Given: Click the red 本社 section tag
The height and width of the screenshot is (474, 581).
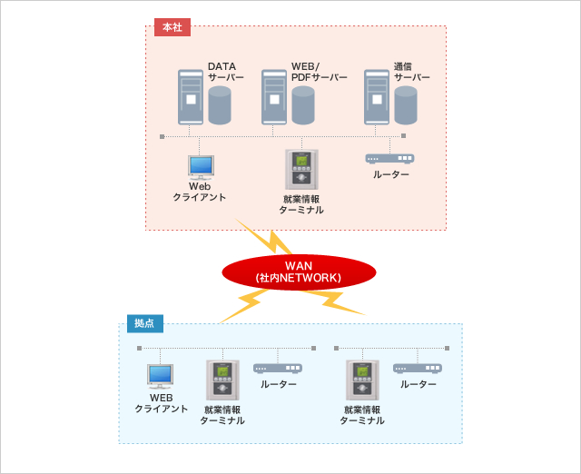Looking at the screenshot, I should point(172,27).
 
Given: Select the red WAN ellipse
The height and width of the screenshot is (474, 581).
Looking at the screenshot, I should point(299,272).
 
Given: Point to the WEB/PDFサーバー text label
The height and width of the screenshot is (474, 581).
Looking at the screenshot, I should point(319,72).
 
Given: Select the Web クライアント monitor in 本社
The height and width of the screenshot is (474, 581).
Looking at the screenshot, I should point(201,167).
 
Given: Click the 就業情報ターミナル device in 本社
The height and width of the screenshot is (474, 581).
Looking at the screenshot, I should point(300,170).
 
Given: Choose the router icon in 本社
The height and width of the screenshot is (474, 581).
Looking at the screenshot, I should point(389,158).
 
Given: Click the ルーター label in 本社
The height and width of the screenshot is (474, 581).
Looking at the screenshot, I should point(391,174).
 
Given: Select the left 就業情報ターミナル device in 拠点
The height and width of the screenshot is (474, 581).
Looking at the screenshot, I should point(222,380).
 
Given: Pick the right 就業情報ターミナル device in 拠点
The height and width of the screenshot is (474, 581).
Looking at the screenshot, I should point(361,380).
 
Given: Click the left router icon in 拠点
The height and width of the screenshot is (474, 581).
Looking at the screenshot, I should point(278,368).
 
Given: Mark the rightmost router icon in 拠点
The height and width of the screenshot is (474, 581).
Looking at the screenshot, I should point(418,368).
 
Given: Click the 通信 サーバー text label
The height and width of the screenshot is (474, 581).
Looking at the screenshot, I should point(411,72).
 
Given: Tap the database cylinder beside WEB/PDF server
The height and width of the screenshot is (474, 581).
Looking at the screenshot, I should point(302,106).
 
